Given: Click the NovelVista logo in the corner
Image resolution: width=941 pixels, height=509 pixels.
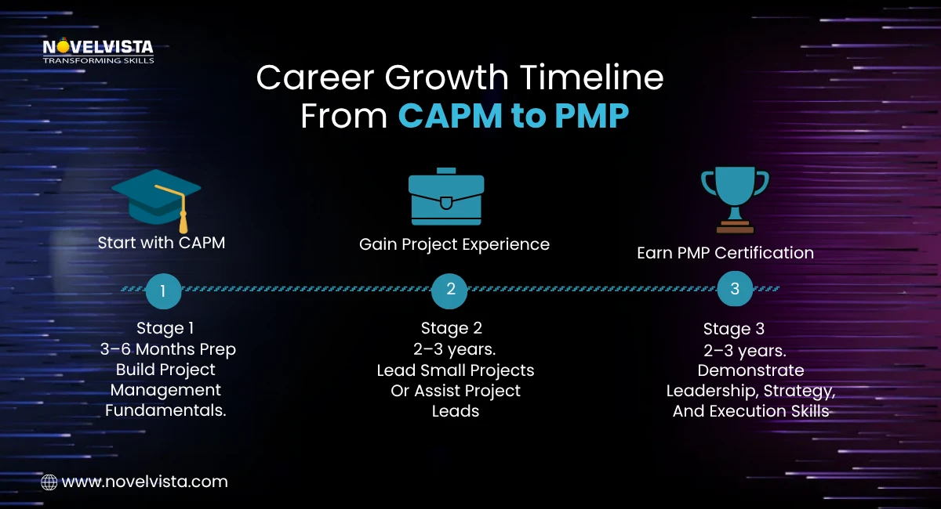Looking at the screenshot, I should click(98, 52).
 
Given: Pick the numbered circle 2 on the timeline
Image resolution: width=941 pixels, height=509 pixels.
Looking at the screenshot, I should click(450, 289).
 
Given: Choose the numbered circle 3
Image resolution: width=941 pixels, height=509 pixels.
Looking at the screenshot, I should click(735, 289).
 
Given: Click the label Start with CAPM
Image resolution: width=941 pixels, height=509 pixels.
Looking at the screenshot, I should click(162, 243).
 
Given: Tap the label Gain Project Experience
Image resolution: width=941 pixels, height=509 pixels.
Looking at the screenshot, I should click(454, 244).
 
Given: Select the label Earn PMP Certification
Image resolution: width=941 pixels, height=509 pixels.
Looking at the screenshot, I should click(725, 253).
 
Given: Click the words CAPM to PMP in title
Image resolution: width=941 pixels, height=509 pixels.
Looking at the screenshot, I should click(513, 116).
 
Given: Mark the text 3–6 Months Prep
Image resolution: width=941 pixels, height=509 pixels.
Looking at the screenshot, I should click(167, 348).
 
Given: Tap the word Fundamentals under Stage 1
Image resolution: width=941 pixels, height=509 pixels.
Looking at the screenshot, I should click(165, 410).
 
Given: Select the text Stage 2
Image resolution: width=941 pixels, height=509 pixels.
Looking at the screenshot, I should click(451, 327).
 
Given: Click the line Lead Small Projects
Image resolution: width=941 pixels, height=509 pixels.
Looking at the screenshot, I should click(456, 370).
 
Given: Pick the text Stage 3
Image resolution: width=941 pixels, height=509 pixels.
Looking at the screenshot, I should click(733, 328).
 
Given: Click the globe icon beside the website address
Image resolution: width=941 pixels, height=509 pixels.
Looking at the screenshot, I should click(49, 482).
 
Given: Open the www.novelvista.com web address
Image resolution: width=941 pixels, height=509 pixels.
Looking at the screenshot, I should click(144, 482).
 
